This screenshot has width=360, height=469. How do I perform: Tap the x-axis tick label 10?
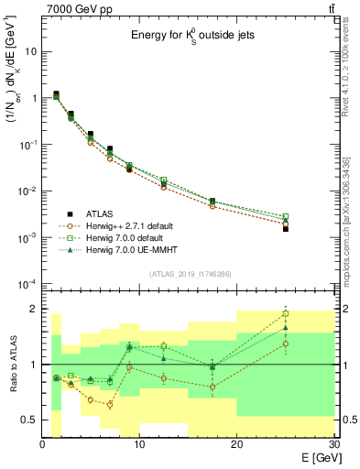tap(139, 444)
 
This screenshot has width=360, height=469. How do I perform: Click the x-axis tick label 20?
tap(236, 444)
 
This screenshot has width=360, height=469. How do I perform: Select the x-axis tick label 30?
tap(333, 444)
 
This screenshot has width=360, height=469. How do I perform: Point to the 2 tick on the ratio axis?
tap(34, 309)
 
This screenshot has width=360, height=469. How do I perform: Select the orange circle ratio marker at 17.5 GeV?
tap(213, 387)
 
